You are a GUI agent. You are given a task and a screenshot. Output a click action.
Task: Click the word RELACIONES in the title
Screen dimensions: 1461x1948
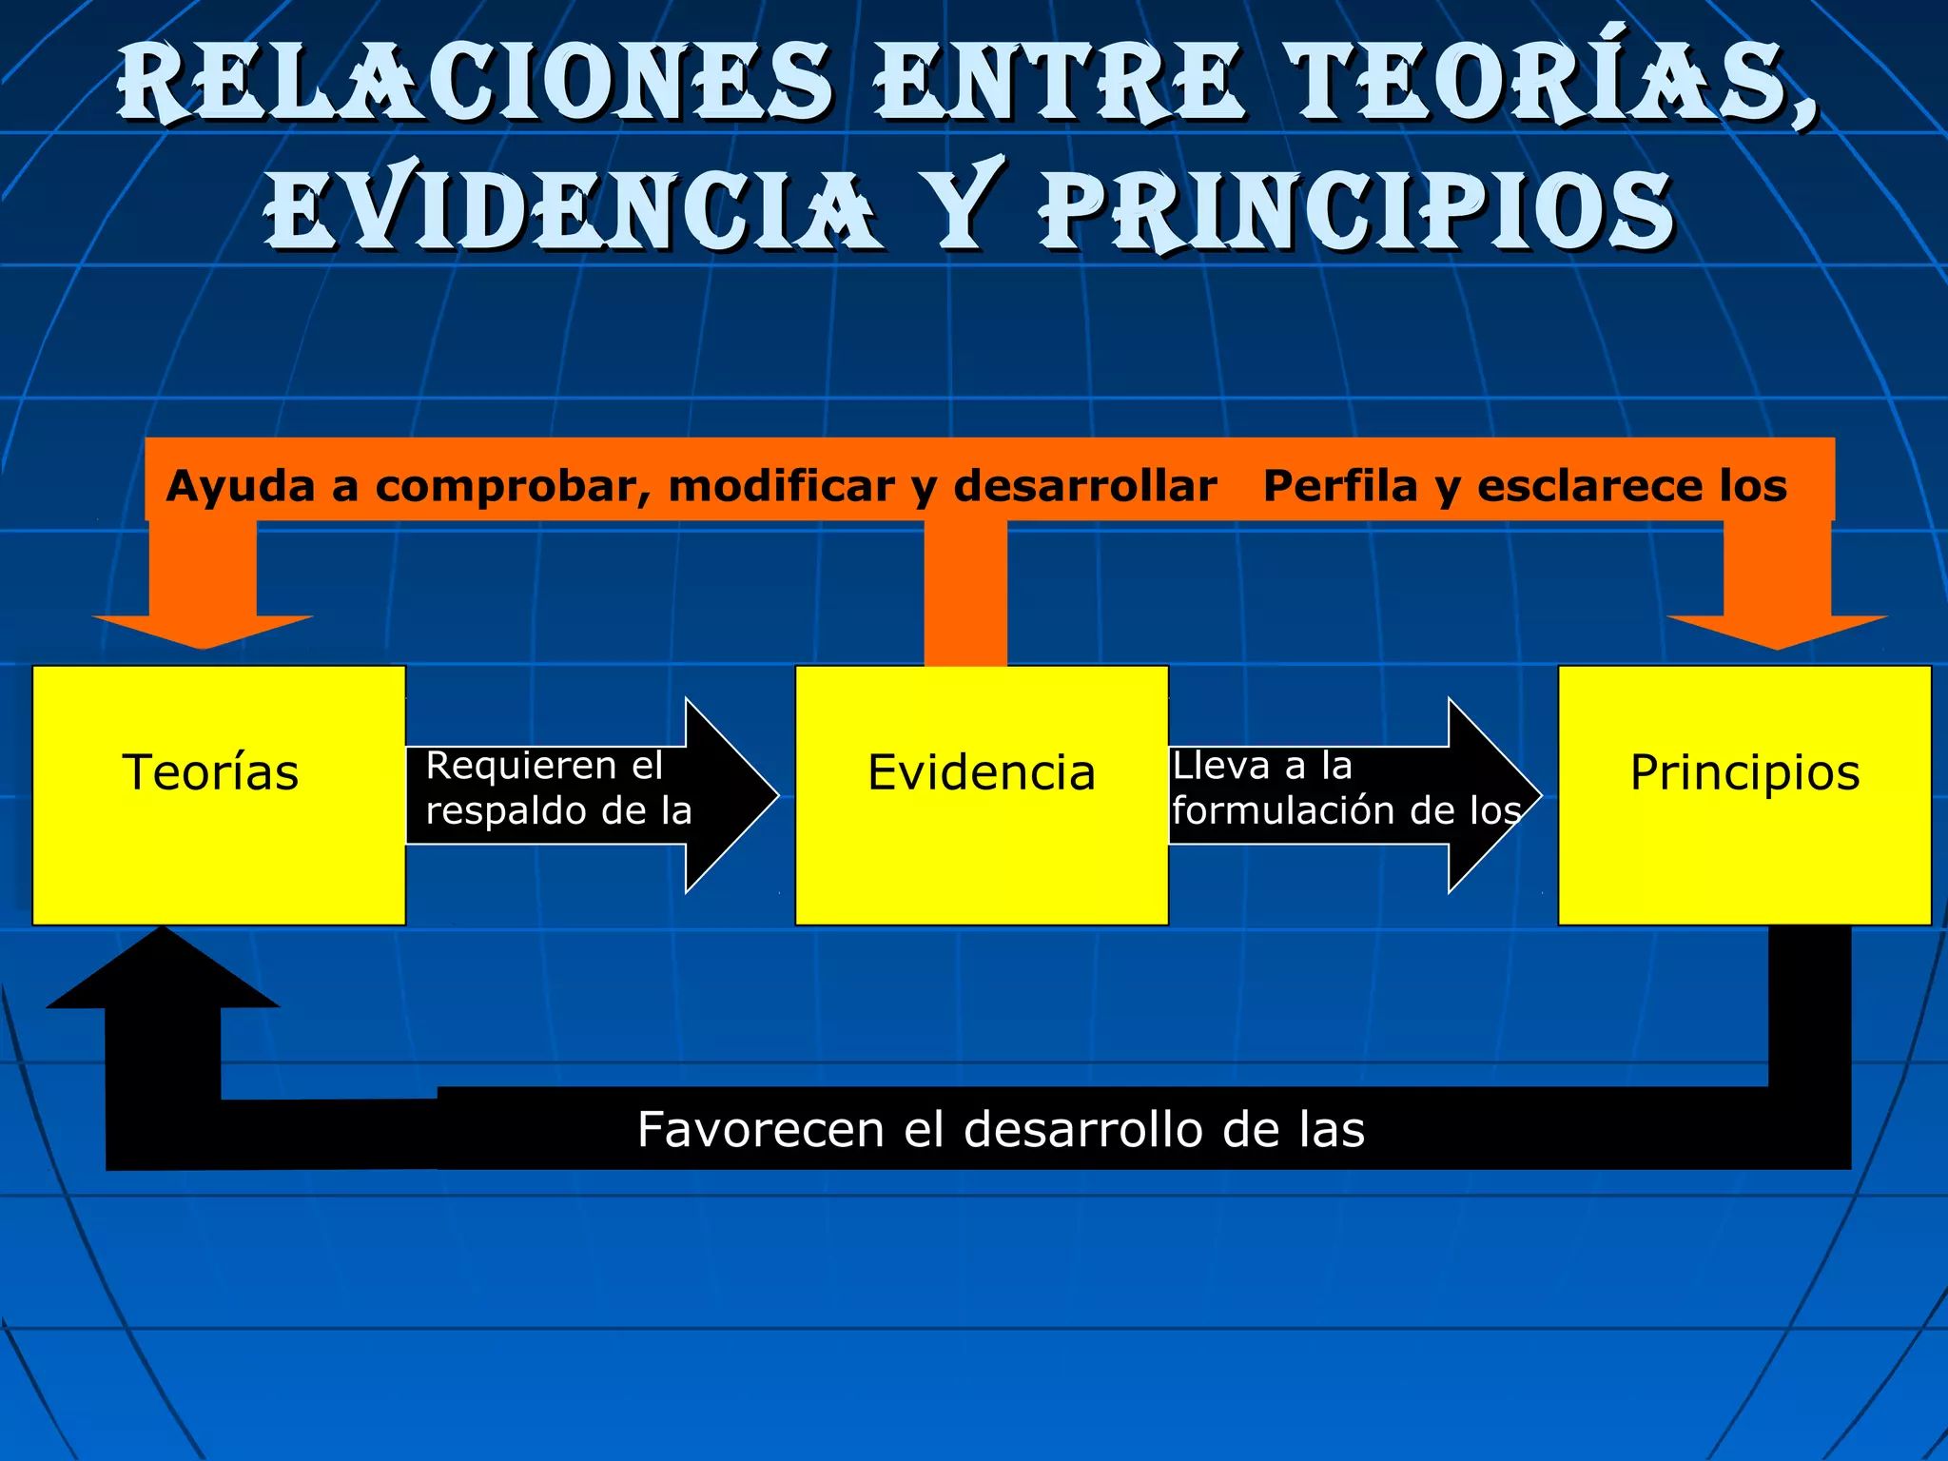476,84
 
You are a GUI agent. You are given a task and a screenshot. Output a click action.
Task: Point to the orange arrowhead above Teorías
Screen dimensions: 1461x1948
203,630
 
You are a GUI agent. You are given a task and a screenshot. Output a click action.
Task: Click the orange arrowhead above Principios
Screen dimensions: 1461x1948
1777,630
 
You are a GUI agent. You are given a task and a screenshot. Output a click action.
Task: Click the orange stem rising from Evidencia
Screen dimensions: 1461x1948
965,594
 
